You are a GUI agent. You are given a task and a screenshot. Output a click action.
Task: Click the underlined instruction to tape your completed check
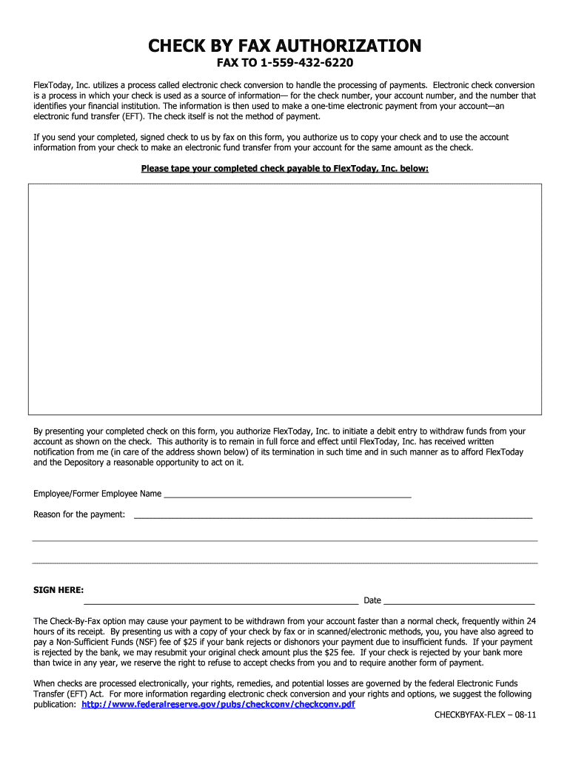285,168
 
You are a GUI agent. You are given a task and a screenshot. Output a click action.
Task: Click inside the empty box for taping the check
285,298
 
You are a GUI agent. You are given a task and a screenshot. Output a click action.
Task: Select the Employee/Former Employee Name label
97,494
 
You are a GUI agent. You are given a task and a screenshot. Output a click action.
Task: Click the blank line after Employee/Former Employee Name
287,494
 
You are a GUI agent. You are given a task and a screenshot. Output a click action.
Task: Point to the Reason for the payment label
79,514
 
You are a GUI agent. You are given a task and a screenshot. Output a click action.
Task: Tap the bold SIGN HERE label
58,590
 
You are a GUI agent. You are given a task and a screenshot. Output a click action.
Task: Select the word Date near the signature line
372,600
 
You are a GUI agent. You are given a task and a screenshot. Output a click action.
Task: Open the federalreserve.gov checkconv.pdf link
218,705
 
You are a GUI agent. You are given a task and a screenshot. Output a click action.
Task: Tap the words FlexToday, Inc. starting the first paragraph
61,85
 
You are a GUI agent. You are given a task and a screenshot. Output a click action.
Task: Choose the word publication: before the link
55,705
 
